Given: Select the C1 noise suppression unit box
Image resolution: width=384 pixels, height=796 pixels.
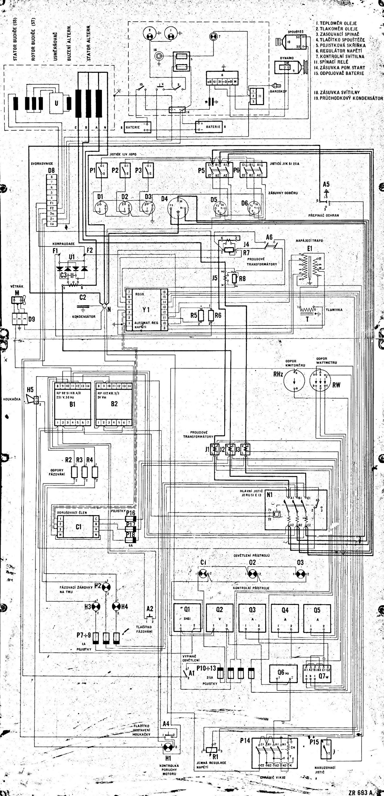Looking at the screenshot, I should click(78, 526).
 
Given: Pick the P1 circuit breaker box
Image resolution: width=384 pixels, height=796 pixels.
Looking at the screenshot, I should click(101, 170).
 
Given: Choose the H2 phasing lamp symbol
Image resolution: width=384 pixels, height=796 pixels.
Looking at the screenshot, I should click(106, 586).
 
